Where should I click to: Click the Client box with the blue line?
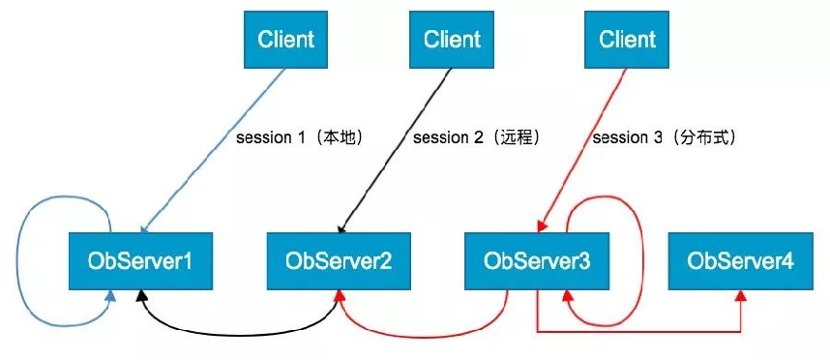coord(285,41)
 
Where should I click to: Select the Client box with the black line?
coord(451,41)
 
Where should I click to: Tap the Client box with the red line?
coord(627,41)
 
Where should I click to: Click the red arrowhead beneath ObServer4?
coord(741,295)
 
